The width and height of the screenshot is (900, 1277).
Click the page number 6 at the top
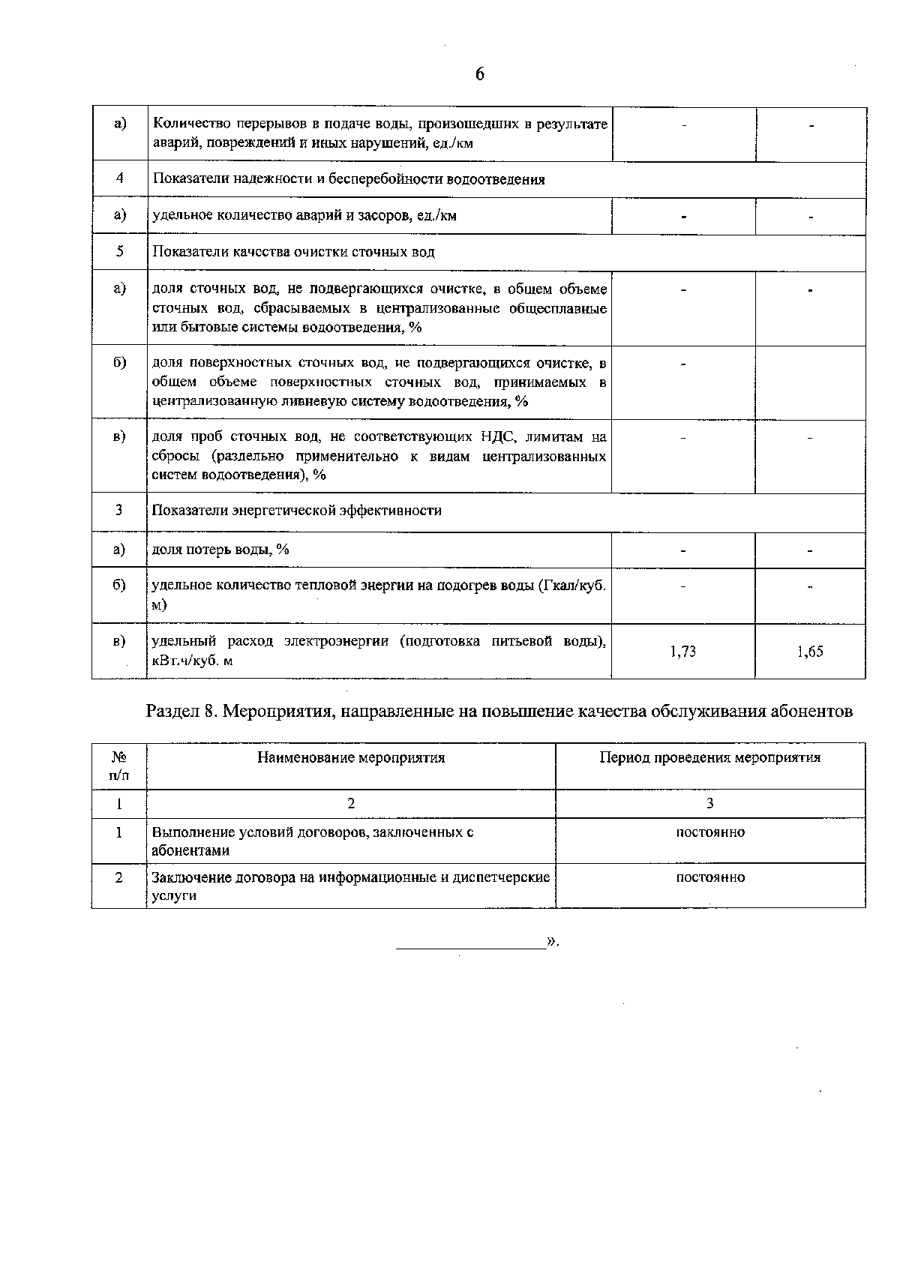click(x=480, y=73)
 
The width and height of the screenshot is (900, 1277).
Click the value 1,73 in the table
click(x=682, y=652)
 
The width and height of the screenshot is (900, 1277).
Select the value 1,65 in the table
click(x=810, y=652)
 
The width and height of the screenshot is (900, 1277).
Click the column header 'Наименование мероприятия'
click(x=351, y=757)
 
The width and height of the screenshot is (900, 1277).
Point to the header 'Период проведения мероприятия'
click(x=709, y=757)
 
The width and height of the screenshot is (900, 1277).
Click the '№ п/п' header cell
click(x=119, y=766)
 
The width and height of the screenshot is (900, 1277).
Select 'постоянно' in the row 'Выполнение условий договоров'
click(x=709, y=832)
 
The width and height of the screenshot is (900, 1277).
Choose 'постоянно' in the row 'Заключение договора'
click(x=709, y=877)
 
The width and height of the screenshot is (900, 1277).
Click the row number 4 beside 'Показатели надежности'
click(x=119, y=179)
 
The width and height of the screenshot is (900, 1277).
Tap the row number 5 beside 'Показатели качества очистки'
click(x=119, y=252)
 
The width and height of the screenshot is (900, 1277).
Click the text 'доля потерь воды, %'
click(x=220, y=550)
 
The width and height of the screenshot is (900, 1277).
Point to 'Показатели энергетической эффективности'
click(x=296, y=511)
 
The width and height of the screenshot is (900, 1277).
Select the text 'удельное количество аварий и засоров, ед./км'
click(x=304, y=216)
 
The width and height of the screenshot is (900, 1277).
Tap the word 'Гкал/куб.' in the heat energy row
click(x=571, y=586)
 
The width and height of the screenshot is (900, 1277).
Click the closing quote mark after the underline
click(x=553, y=943)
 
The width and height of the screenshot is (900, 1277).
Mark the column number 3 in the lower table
click(x=709, y=803)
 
